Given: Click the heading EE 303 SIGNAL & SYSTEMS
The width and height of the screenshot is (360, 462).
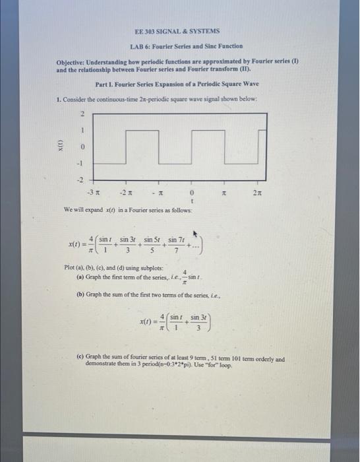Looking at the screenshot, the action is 176,31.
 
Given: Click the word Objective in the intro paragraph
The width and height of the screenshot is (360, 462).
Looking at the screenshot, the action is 73,61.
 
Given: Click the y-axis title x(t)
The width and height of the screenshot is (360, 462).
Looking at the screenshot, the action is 60,147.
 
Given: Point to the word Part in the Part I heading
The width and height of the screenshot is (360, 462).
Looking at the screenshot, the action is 102,84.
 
